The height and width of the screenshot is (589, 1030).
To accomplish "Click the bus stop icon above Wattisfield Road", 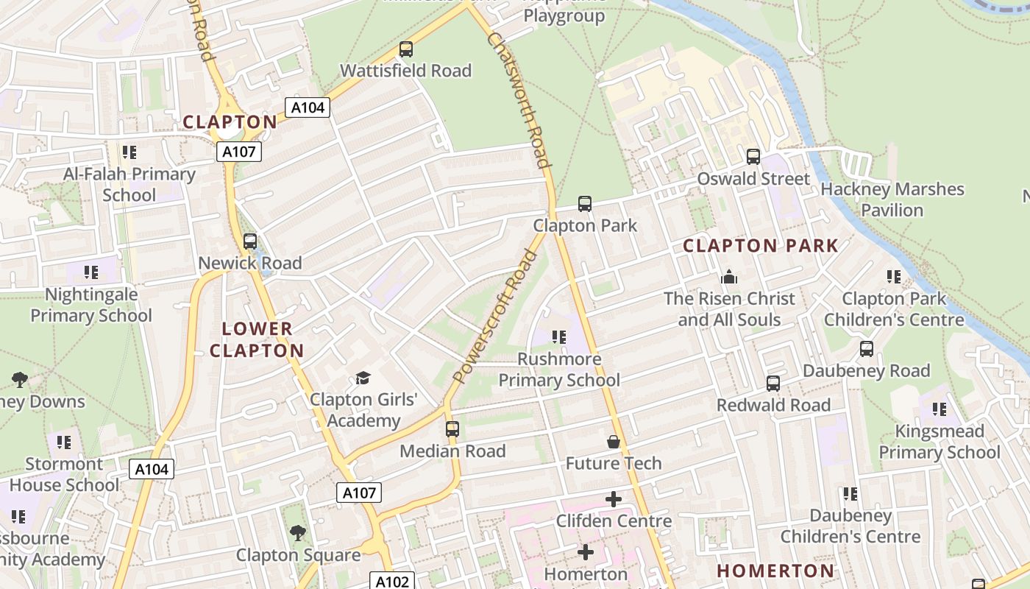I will click(405, 49).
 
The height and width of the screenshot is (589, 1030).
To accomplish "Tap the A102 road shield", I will click(391, 582).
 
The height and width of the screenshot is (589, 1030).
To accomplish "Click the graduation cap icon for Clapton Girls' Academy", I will click(363, 378).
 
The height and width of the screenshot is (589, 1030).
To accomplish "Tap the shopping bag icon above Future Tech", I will click(613, 442).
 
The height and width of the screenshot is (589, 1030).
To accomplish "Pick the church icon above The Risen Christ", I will click(729, 277).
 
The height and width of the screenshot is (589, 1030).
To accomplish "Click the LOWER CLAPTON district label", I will click(257, 339).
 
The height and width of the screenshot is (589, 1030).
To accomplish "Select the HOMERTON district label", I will click(775, 571).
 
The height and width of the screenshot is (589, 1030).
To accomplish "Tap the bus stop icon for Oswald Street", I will click(753, 157).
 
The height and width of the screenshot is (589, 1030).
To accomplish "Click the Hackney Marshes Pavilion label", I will click(892, 200).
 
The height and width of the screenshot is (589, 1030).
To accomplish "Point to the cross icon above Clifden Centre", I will click(613, 500).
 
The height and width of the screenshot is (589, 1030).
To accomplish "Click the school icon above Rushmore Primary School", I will click(559, 337).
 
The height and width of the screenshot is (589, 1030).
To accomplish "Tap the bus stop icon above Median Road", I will click(452, 429).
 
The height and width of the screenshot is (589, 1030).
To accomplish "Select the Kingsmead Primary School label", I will click(940, 442).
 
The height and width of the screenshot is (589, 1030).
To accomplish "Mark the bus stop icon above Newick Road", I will click(250, 241).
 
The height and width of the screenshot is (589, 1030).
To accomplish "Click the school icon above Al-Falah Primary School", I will click(129, 152).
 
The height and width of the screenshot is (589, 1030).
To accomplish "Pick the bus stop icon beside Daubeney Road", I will click(867, 349).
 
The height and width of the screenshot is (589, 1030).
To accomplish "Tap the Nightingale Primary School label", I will click(91, 305).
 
